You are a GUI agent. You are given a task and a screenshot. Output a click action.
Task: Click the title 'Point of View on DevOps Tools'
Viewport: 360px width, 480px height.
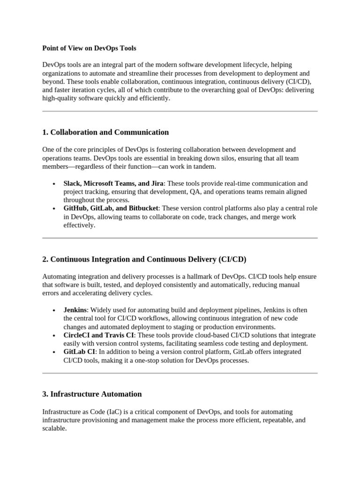coord(89,48)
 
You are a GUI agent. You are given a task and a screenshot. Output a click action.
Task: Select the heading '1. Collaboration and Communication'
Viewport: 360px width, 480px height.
coord(105,132)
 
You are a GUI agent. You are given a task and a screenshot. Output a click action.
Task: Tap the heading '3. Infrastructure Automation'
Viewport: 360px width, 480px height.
coord(92,394)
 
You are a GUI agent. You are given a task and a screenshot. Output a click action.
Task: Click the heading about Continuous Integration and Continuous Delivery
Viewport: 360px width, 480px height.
coord(144,259)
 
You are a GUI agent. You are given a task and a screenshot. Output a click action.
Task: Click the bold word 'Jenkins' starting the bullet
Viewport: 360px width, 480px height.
coord(75,310)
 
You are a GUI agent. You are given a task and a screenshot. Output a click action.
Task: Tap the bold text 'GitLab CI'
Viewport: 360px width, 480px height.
coord(79,352)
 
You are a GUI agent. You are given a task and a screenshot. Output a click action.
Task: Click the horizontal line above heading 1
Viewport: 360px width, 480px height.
coord(180,111)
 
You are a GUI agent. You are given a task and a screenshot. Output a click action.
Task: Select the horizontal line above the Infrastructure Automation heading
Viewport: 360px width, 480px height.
coord(180,373)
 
